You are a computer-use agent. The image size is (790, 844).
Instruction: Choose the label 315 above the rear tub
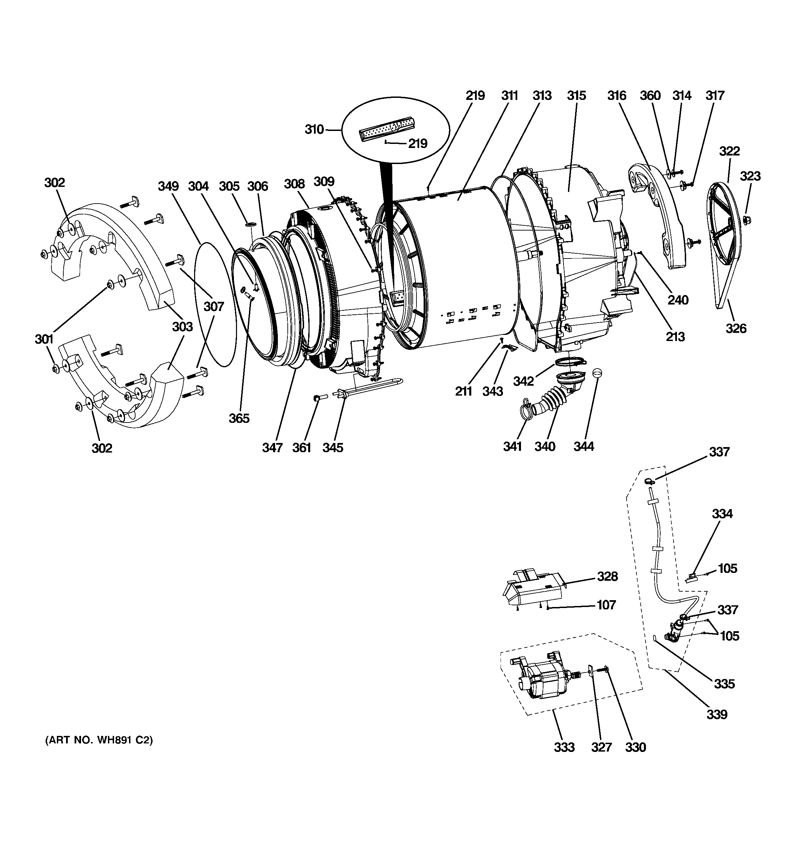pyautogui.click(x=576, y=95)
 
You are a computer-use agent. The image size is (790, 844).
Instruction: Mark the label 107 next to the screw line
pyautogui.click(x=606, y=605)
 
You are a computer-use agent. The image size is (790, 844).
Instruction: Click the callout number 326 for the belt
pyautogui.click(x=736, y=328)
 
